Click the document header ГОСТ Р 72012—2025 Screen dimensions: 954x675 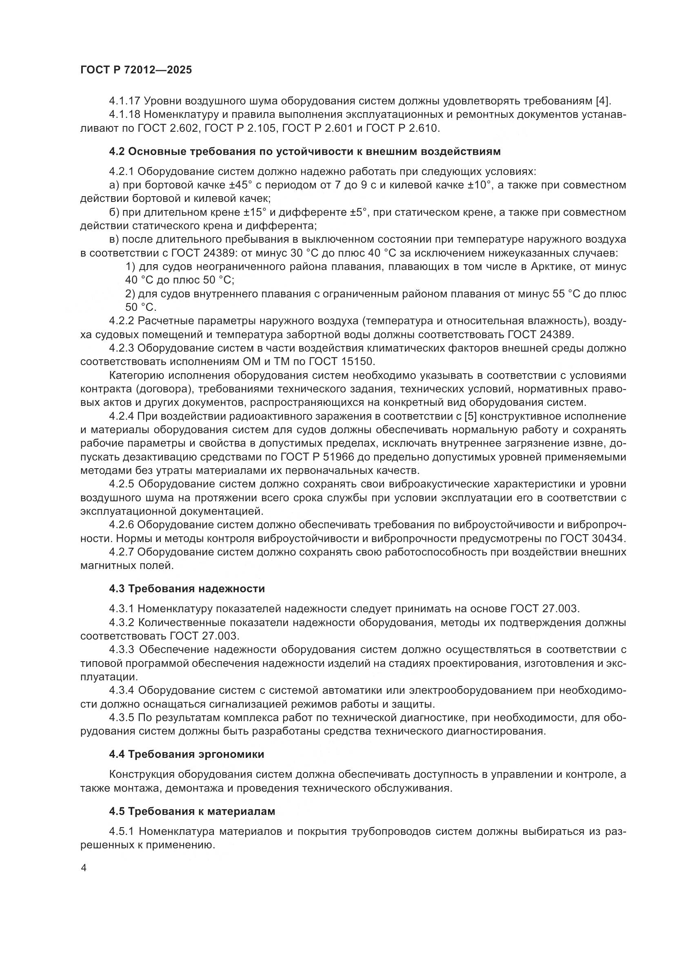tap(136, 70)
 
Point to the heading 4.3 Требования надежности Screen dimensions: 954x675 tap(187, 589)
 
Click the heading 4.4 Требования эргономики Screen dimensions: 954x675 tap(187, 754)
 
